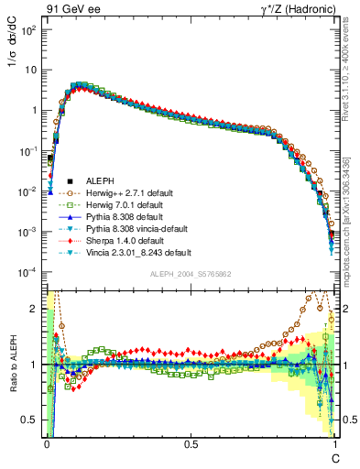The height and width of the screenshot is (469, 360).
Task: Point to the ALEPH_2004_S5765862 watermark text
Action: point(191,274)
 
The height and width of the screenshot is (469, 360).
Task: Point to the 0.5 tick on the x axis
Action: point(191,443)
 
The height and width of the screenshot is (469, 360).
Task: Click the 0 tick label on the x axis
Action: point(47,443)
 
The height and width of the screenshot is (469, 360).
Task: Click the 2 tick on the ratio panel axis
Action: point(36,309)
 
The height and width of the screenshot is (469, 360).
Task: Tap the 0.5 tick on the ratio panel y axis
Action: point(31,420)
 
